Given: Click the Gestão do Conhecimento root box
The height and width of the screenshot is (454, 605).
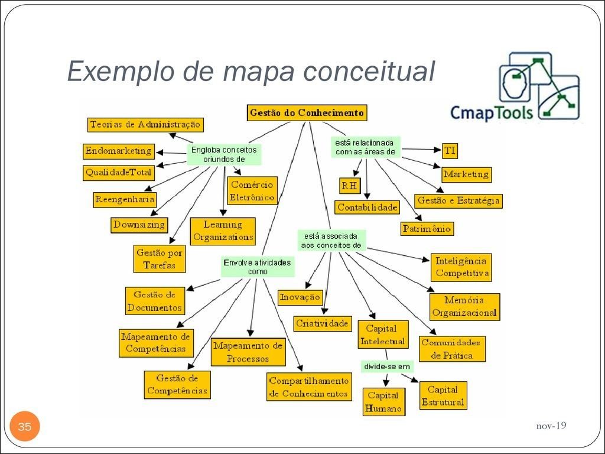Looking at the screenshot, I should (307, 112).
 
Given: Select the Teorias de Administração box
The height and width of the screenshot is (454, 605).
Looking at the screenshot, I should (145, 125).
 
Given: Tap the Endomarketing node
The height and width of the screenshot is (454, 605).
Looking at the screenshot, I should (118, 151).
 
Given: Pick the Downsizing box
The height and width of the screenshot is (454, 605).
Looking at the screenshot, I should (139, 225).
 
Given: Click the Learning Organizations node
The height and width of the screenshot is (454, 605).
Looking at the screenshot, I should (223, 231).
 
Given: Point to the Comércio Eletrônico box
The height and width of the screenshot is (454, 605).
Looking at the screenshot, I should (252, 191).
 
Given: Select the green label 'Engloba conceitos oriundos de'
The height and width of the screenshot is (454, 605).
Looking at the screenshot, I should (224, 154).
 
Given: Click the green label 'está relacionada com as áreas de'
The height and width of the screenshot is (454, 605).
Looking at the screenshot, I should (365, 147).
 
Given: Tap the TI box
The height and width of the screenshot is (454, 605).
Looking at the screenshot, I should (450, 151).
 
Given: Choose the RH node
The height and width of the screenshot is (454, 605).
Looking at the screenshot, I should (349, 186).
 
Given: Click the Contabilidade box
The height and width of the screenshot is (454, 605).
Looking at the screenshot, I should (367, 207).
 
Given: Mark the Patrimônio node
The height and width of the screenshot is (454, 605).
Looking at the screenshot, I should (427, 228).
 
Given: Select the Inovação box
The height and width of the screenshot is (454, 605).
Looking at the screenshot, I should (300, 297).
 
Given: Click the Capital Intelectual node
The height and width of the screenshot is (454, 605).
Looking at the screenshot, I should (382, 335).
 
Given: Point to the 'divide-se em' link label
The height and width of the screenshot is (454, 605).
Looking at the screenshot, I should (387, 367).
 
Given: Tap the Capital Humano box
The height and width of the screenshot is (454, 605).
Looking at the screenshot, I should (383, 402).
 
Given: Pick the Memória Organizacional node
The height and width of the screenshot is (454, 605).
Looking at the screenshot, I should (464, 307).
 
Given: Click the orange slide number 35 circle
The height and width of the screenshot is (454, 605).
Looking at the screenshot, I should (24, 427).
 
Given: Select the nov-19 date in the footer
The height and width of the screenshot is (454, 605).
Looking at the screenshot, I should (551, 426).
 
